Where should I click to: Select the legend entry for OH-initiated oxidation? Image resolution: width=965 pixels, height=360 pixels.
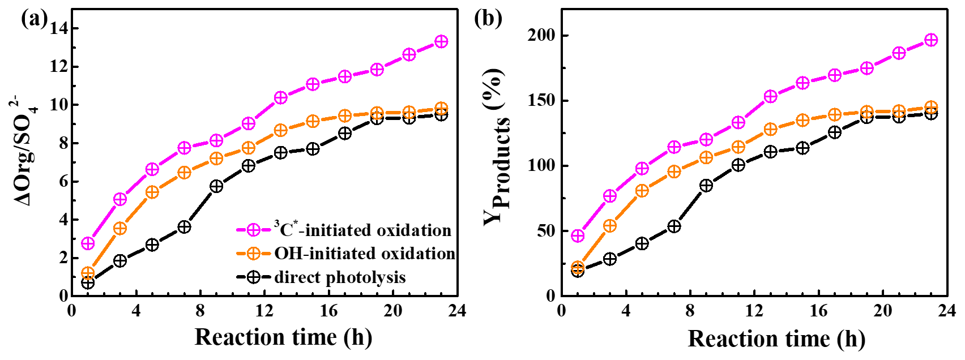coord(365,254)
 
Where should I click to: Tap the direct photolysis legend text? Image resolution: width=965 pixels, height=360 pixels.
coord(340,277)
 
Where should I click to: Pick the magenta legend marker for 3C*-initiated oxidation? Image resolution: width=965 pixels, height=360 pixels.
coord(253,230)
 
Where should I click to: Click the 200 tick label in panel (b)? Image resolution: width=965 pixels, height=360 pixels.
coord(541,36)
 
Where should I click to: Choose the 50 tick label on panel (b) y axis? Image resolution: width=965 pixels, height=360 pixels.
coord(545,231)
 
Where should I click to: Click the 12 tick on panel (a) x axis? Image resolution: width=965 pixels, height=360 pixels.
coord(264,311)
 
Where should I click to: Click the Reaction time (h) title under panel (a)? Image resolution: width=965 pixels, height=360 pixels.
coord(283,337)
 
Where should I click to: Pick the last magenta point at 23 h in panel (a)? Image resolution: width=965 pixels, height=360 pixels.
coord(441,41)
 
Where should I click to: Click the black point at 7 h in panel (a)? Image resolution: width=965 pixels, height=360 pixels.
coord(184,227)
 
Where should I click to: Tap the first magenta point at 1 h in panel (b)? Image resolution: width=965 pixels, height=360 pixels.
coord(578,235)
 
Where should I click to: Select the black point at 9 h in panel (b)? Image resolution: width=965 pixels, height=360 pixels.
coord(706,185)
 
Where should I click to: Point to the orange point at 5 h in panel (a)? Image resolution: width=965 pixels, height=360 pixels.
coord(152,192)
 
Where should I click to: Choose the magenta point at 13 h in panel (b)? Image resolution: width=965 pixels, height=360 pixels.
coord(770,97)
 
